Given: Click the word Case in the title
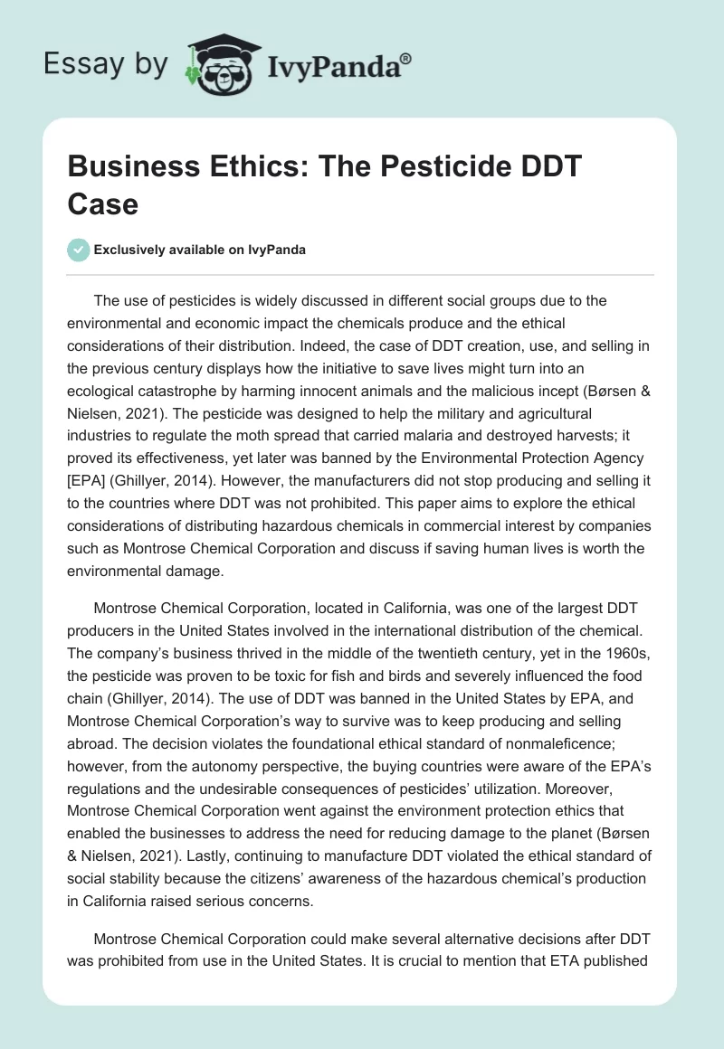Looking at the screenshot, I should [x=102, y=204].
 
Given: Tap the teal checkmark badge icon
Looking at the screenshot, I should [x=79, y=250].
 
